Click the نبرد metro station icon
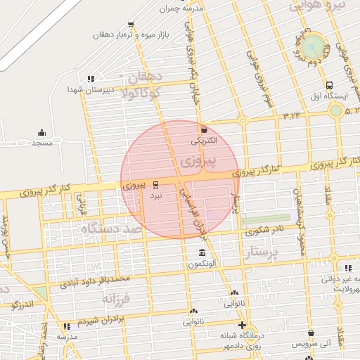[155, 186]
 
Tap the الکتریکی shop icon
[204, 130]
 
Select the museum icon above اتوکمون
[202, 252]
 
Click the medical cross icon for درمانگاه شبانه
[243, 326]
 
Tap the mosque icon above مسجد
[41, 132]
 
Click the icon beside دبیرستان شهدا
[90, 79]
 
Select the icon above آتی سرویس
[311, 333]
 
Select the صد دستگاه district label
[111, 229]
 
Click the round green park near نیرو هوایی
[316, 47]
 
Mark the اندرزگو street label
[22, 305]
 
